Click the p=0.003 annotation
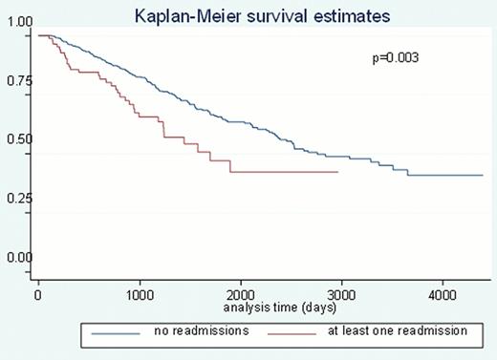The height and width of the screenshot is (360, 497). tap(396, 59)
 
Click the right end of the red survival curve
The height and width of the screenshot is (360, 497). tap(338, 172)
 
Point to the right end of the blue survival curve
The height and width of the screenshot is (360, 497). tap(482, 176)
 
